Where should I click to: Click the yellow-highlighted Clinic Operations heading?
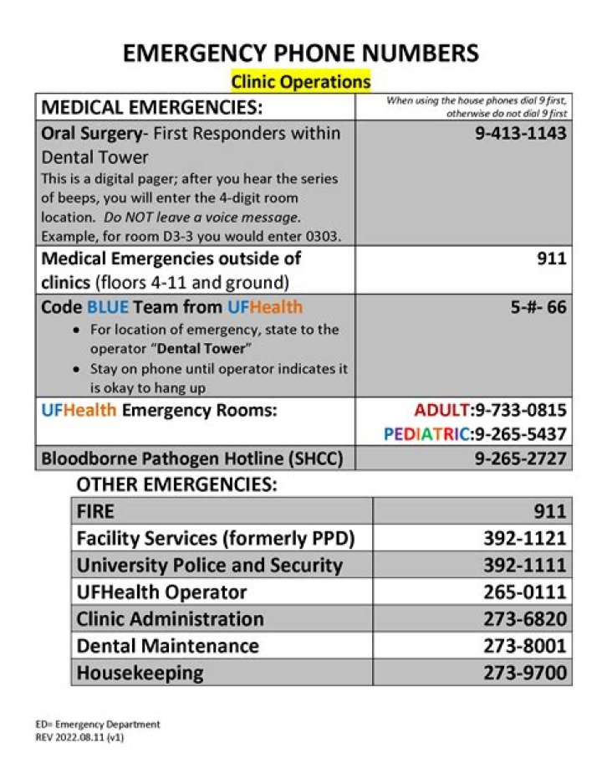click(300, 82)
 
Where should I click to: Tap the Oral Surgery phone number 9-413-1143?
click(520, 133)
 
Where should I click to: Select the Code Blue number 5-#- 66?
click(538, 307)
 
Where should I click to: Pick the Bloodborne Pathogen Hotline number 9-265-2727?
click(520, 459)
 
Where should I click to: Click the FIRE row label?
click(95, 511)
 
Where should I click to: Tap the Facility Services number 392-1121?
click(524, 538)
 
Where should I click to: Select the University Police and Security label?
click(209, 565)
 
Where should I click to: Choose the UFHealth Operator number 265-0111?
click(524, 592)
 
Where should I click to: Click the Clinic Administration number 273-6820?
click(524, 619)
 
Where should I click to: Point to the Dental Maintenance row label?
click(167, 646)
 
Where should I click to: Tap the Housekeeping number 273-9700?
click(524, 673)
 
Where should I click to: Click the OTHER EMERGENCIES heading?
click(176, 484)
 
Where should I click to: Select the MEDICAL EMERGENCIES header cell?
click(151, 107)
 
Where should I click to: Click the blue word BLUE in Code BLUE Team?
click(108, 307)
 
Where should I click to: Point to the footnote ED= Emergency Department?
click(97, 725)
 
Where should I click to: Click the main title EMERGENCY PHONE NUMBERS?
click(301, 54)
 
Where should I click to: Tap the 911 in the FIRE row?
click(550, 511)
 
